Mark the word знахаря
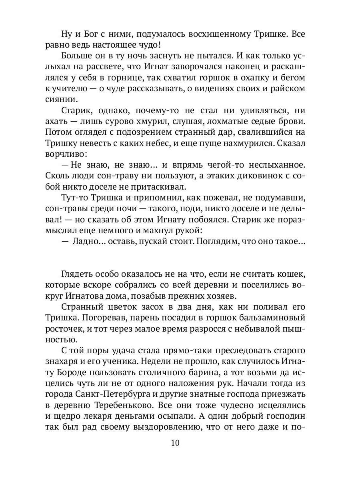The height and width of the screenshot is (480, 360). coord(76,362)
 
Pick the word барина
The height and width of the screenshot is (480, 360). coord(211,372)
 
